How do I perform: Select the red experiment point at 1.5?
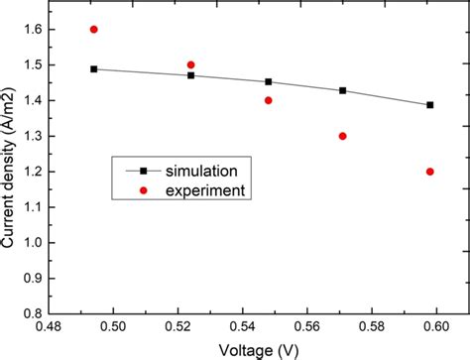coord(190,64)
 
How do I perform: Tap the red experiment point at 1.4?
coord(268,100)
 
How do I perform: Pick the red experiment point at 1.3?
coord(343,136)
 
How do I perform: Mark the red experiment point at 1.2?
coord(429,172)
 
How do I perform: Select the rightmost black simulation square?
coord(429,104)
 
